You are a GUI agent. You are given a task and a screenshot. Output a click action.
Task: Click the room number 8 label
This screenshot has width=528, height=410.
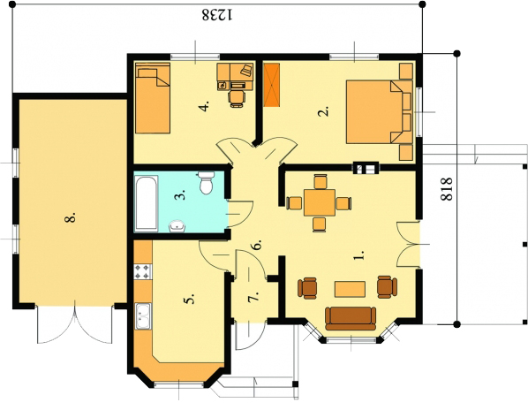coord(70,218)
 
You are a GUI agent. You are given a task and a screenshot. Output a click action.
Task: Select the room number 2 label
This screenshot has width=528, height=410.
coord(323,111)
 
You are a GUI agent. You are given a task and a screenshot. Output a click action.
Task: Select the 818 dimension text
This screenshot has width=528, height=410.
coord(447,189)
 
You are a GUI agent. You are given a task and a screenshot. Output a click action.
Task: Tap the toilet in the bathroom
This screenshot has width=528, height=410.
coord(206,183)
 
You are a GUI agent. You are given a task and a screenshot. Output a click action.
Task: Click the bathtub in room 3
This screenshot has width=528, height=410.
coord(147,203)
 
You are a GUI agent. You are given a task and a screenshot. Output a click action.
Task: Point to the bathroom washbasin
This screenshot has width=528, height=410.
coord(177,226)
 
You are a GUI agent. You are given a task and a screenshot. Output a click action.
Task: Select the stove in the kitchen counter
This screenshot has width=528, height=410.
coord(143,272)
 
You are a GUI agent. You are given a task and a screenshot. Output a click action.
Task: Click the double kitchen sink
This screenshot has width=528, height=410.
coord(143,315)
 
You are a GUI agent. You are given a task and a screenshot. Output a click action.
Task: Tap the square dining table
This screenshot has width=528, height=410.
coord(320,203)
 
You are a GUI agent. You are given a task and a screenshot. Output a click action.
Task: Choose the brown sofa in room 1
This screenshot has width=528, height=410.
coord(351,318)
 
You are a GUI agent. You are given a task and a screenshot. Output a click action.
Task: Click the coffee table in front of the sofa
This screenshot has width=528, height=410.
coord(350,289)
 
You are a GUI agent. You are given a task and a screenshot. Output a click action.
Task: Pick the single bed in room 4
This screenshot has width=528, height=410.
coord(153,98)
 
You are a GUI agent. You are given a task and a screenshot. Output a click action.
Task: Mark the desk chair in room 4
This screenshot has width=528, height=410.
coord(237,98)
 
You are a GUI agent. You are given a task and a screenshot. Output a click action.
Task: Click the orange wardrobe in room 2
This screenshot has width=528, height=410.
coord(272,85)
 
